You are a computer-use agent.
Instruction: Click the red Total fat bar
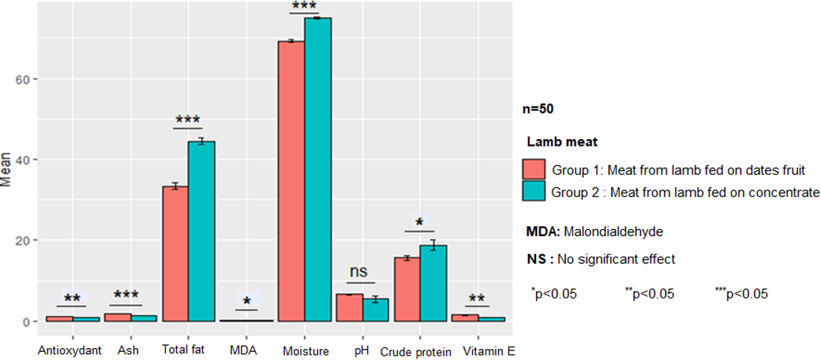coord(176,254)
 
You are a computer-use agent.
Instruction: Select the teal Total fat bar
coord(202,231)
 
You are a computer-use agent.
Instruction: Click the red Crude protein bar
coord(407,289)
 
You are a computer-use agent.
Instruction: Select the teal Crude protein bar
coord(434,283)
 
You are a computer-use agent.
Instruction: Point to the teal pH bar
coord(376,310)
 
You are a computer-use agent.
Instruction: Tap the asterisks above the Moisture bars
coord(304,7)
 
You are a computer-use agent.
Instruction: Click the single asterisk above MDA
coord(246,302)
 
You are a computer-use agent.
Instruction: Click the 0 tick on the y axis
coord(27,322)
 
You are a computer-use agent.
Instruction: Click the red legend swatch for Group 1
coord(535,169)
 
